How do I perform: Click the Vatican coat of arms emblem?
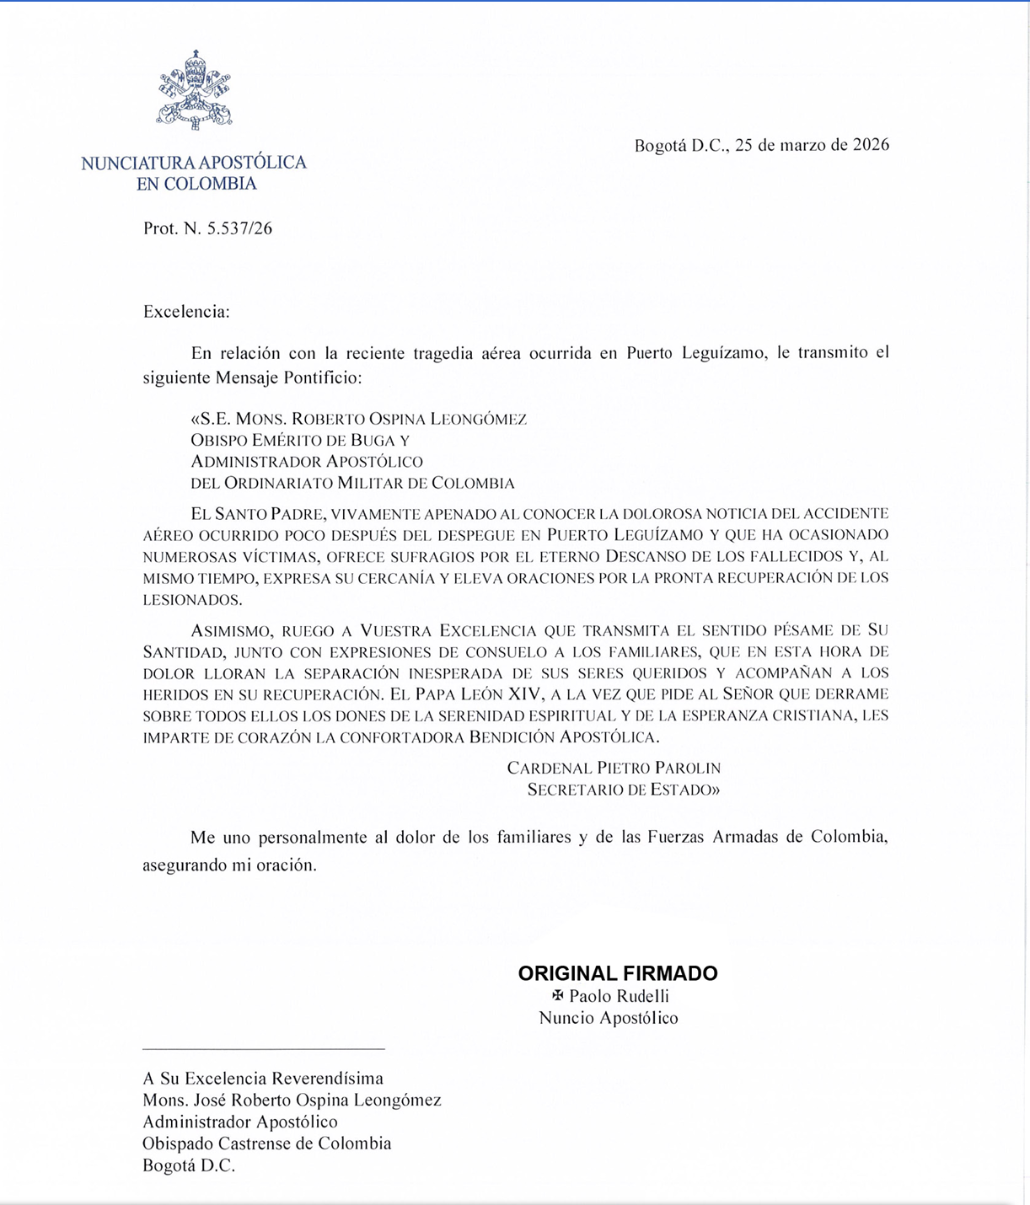pos(194,90)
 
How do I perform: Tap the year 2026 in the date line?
pos(871,145)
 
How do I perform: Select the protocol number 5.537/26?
pos(239,228)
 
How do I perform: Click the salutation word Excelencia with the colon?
pos(186,312)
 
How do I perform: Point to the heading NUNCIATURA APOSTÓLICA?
pos(194,163)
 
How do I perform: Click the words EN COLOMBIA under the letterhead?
pos(196,184)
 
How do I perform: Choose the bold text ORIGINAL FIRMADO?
pos(618,973)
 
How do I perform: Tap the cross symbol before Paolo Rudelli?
pos(557,996)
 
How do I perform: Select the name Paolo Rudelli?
pos(619,996)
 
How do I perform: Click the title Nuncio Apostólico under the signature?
pos(609,1018)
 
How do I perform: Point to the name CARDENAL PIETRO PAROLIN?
pos(614,768)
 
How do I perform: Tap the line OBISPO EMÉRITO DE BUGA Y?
pos(300,440)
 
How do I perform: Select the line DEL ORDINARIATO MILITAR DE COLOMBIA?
pos(352,483)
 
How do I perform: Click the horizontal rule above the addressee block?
pos(264,1049)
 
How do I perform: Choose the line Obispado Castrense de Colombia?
pos(267,1143)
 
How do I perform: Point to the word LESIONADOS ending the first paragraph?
pos(192,600)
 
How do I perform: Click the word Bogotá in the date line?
pos(661,145)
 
